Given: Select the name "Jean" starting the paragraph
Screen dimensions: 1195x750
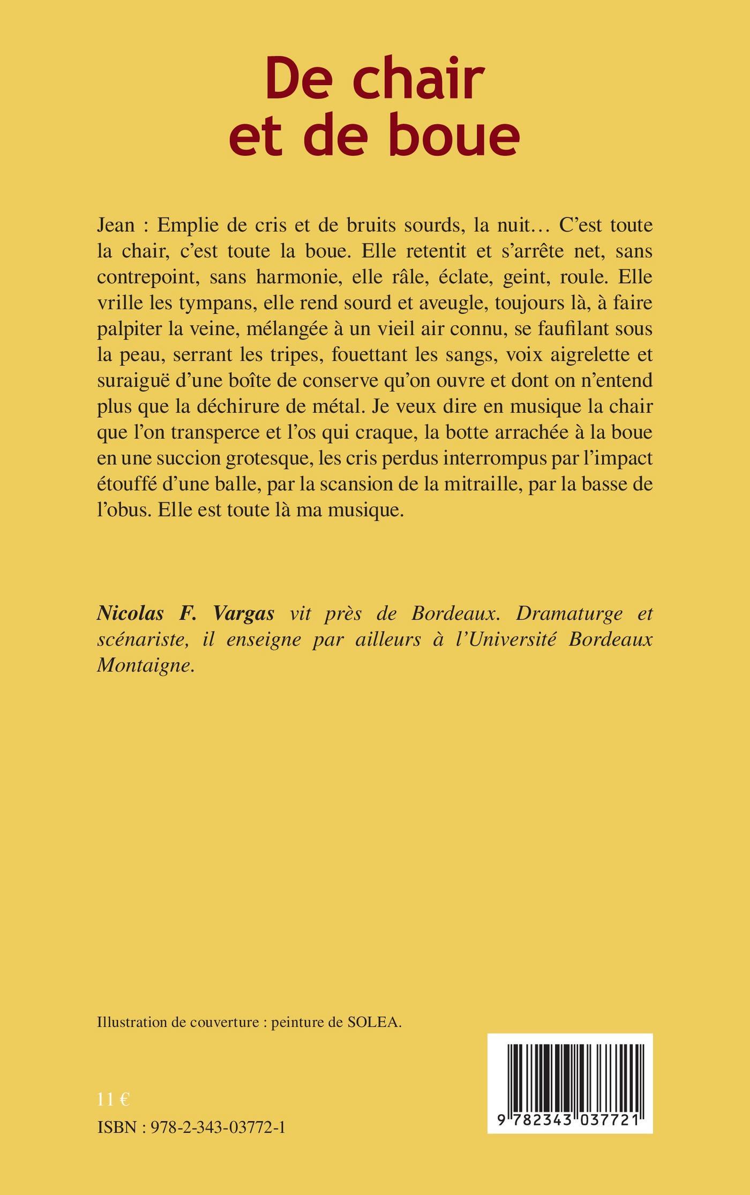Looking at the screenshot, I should point(116,226).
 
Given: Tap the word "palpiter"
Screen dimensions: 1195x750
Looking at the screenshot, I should point(129,329).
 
